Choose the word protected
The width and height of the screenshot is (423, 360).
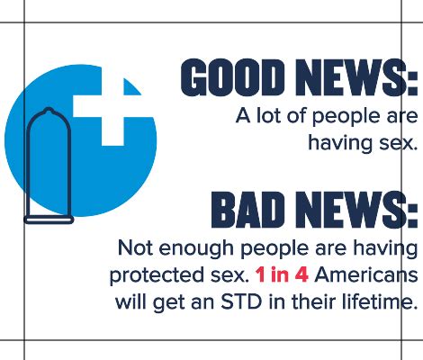156,274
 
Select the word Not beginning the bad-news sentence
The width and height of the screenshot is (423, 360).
135,247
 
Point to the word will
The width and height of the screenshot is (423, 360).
130,301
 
